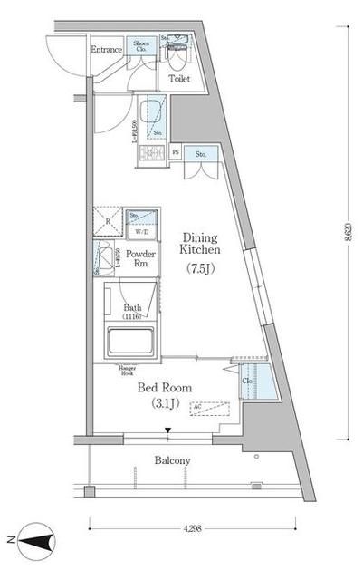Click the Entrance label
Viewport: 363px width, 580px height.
pos(108,50)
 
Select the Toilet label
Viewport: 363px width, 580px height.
pos(179,78)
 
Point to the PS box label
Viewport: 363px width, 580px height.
pos(175,153)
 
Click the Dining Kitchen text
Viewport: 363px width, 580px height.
pos(200,240)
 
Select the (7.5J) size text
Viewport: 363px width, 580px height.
pos(200,268)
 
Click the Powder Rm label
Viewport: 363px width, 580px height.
pos(141,260)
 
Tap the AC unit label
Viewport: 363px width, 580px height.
pos(196,406)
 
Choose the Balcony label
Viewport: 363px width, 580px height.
pos(171,460)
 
